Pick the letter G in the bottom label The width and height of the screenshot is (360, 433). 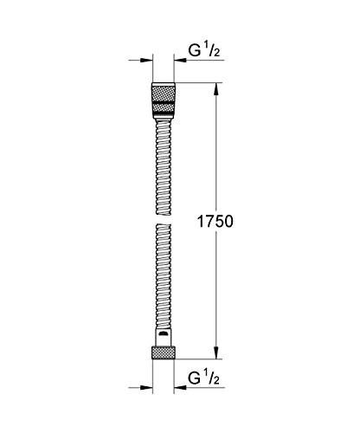click(195, 379)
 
